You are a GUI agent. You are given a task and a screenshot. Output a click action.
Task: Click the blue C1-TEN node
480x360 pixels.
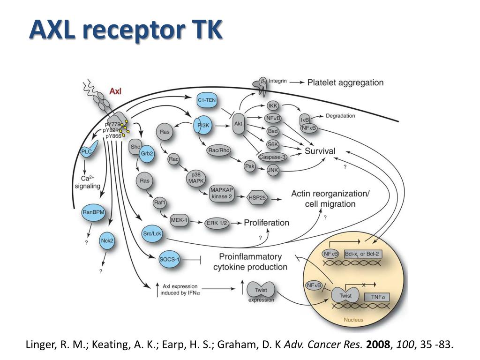pyautogui.click(x=207, y=100)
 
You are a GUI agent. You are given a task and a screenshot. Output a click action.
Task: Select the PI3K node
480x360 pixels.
pyautogui.click(x=202, y=125)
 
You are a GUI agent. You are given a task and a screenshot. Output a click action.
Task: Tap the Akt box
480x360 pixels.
pyautogui.click(x=238, y=124)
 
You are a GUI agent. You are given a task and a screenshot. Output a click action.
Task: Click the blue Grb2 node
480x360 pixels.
pyautogui.click(x=147, y=153)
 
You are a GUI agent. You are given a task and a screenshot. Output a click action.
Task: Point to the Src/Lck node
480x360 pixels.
pyautogui.click(x=152, y=233)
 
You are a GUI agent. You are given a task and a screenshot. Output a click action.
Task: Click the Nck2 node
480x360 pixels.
pyautogui.click(x=107, y=240)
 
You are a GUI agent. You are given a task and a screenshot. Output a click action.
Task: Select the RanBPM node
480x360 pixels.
pyautogui.click(x=93, y=212)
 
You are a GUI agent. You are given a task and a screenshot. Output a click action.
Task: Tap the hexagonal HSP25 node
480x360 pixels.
pyautogui.click(x=257, y=198)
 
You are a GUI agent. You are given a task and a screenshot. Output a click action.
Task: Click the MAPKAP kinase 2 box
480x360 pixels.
pyautogui.click(x=221, y=193)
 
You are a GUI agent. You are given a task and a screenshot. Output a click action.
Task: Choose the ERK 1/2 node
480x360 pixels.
pyautogui.click(x=217, y=223)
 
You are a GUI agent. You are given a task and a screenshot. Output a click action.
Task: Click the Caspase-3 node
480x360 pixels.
pyautogui.click(x=272, y=157)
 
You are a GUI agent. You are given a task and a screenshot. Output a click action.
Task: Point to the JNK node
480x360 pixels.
pyautogui.click(x=272, y=170)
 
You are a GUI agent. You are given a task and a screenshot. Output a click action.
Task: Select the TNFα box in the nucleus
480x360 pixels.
pyautogui.click(x=377, y=297)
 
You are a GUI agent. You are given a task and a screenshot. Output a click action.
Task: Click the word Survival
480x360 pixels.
pyautogui.click(x=320, y=151)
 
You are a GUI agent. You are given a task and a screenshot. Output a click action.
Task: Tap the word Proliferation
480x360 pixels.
pyautogui.click(x=266, y=223)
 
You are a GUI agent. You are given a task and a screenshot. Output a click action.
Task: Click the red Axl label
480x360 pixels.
pyautogui.click(x=115, y=91)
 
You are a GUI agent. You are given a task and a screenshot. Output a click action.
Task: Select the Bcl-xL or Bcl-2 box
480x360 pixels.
pyautogui.click(x=362, y=254)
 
